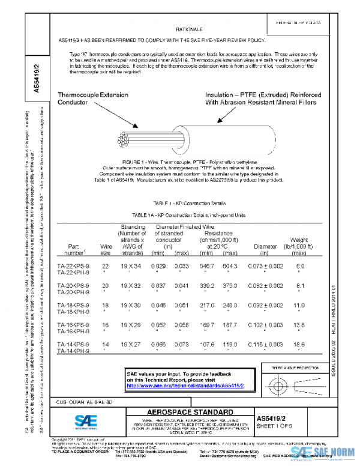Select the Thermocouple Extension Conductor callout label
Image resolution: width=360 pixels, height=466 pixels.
(93, 98)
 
